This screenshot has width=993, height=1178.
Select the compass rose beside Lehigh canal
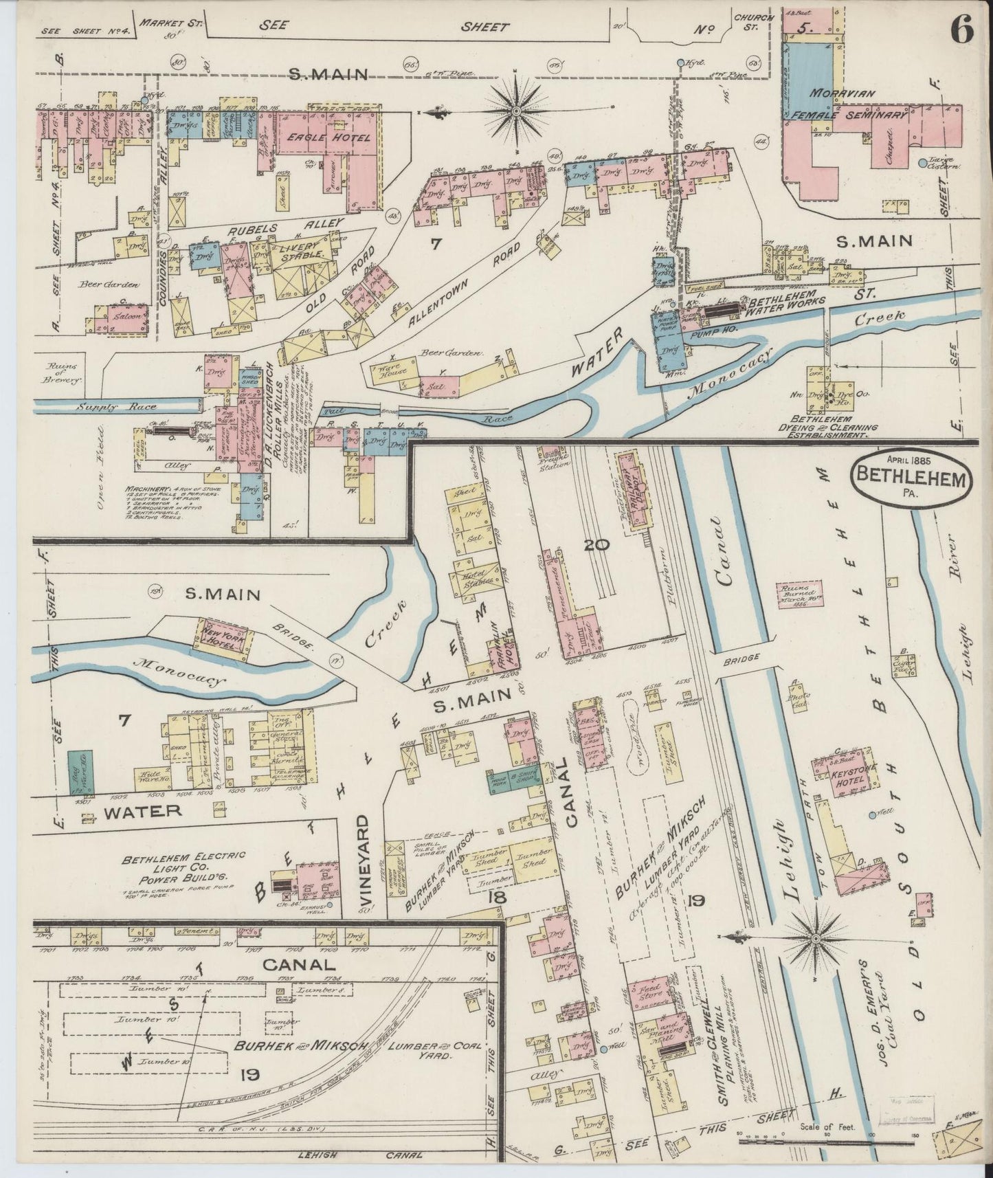[814, 938]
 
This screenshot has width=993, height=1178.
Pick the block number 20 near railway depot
[596, 545]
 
